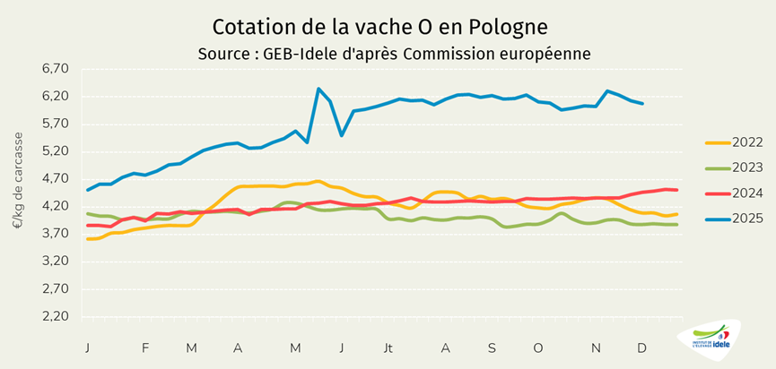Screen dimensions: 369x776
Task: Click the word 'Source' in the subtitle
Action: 225,54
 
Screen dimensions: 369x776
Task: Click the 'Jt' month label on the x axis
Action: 388,347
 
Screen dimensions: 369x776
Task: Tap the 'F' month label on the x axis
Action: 145,347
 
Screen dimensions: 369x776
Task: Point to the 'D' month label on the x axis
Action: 642,347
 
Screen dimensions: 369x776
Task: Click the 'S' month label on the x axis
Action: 492,347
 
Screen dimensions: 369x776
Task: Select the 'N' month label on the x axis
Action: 593,347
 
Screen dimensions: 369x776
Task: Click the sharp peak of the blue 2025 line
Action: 318,89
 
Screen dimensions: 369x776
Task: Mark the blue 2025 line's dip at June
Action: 342,135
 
